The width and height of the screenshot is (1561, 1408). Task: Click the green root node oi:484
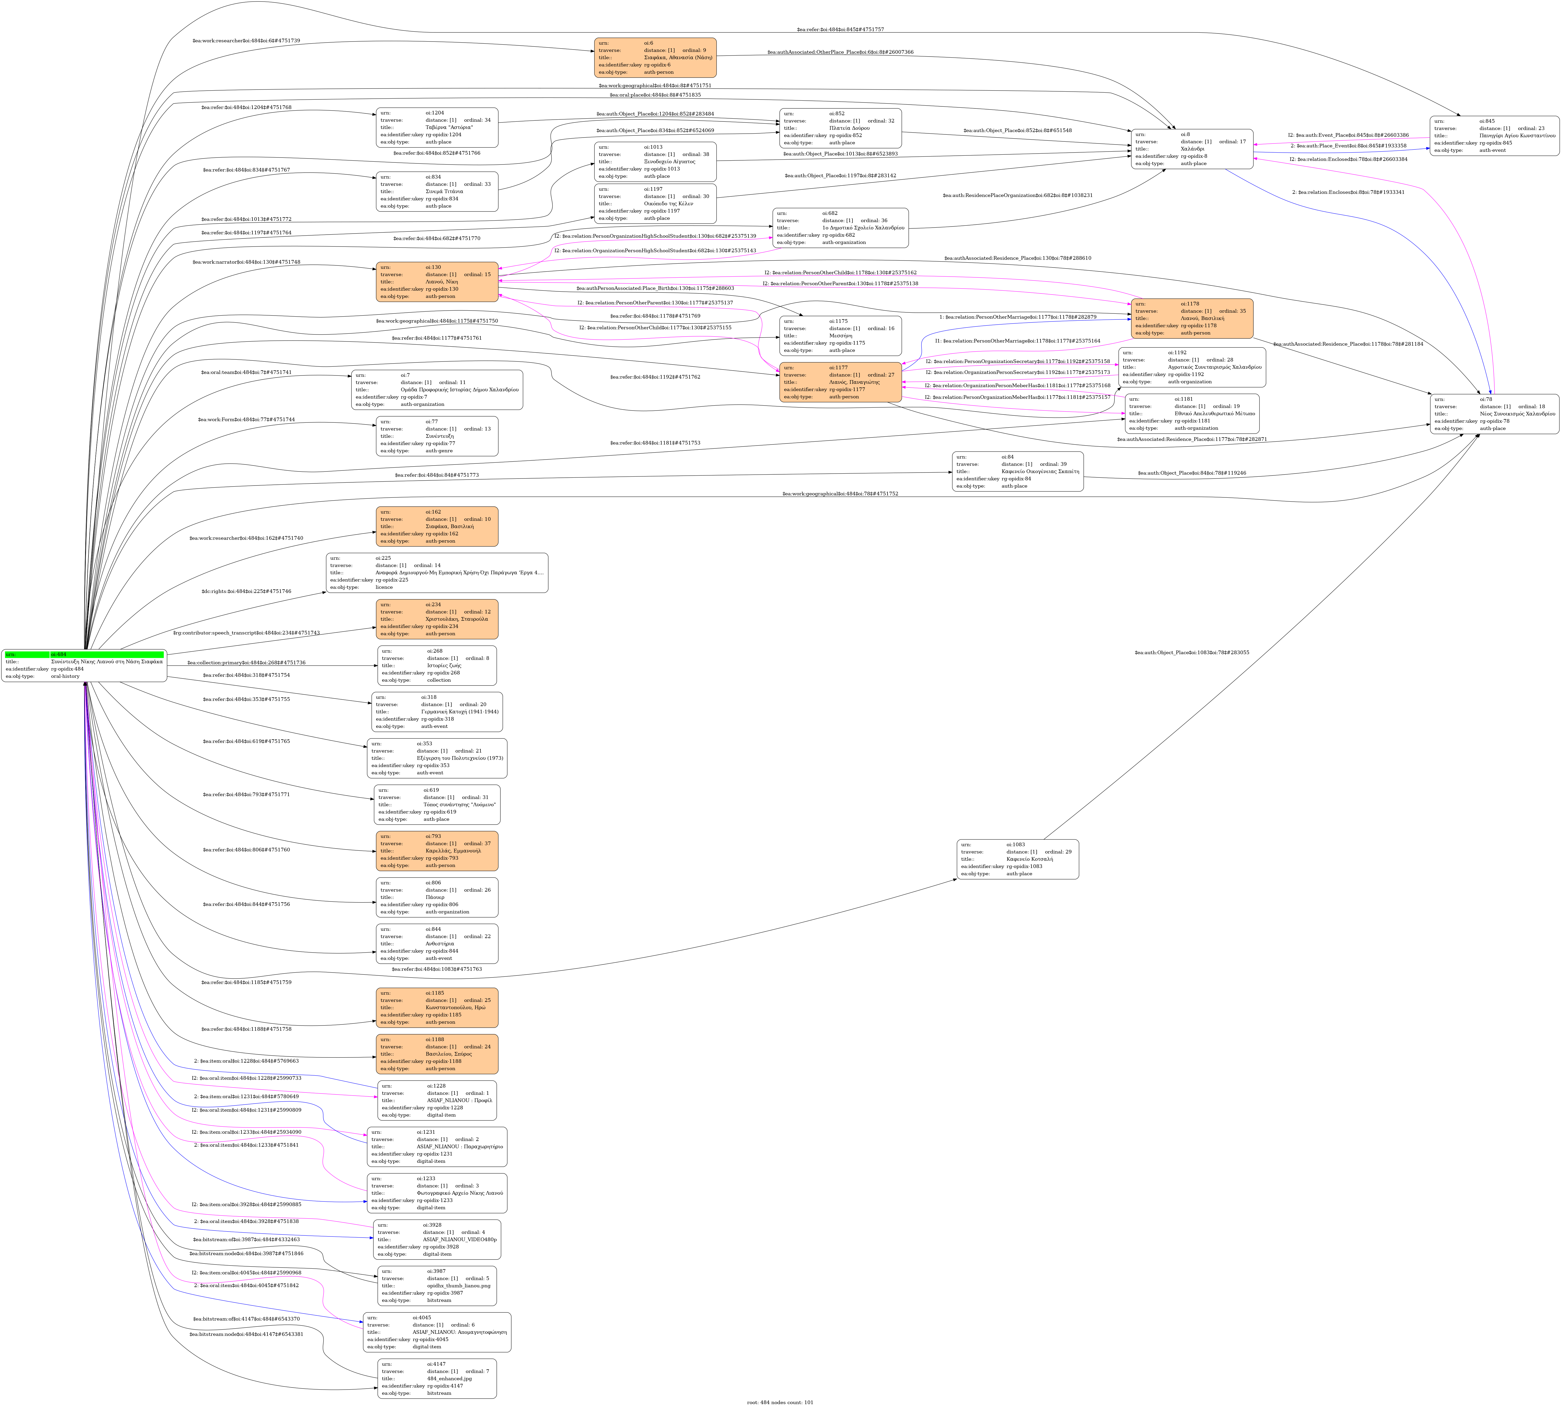click(x=84, y=665)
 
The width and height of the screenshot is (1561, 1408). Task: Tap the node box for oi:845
click(x=1494, y=136)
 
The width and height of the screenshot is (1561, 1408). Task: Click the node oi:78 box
click(x=1494, y=414)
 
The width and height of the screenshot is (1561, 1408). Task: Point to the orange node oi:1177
click(x=840, y=382)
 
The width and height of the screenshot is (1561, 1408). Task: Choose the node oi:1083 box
click(x=1017, y=859)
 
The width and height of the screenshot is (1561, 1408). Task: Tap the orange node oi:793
click(x=437, y=851)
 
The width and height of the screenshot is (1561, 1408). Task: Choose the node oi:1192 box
click(x=1191, y=367)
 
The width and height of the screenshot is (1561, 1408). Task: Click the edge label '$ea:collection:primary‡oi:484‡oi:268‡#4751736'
click(x=246, y=663)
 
